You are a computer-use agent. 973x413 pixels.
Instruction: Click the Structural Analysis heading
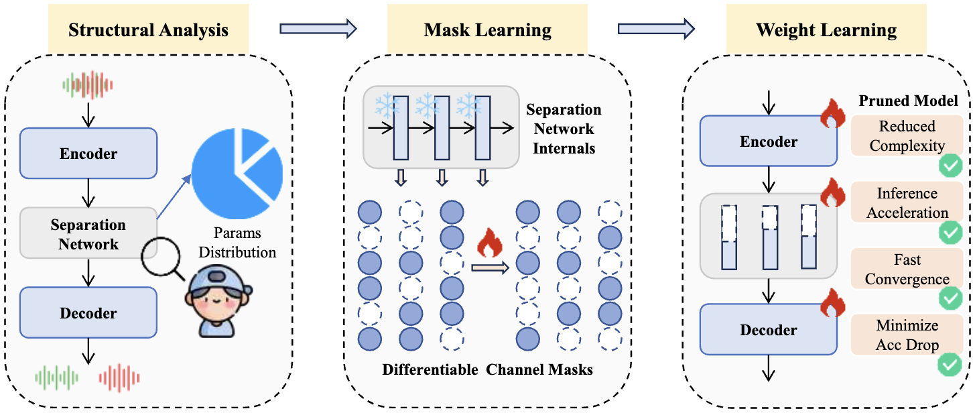click(148, 30)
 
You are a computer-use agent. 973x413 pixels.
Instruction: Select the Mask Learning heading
click(487, 30)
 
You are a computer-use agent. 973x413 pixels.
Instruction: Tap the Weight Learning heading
click(826, 30)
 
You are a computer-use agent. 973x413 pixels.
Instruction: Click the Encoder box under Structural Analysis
click(88, 154)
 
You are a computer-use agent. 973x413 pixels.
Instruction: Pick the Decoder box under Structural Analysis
click(88, 313)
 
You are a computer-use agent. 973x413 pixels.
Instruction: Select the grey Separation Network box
click(88, 233)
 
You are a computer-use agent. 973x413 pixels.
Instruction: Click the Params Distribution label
click(237, 243)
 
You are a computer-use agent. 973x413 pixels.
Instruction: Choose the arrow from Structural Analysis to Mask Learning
click(318, 28)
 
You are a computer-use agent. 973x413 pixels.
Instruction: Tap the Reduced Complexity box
click(907, 136)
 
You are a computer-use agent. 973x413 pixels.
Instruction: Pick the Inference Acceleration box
click(907, 202)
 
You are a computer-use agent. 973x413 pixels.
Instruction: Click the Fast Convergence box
click(907, 269)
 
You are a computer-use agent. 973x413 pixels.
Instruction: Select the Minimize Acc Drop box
click(907, 335)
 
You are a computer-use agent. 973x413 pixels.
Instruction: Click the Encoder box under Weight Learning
click(768, 141)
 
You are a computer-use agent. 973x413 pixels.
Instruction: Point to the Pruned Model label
click(908, 101)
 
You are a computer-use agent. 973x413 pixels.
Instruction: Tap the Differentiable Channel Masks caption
click(487, 369)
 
